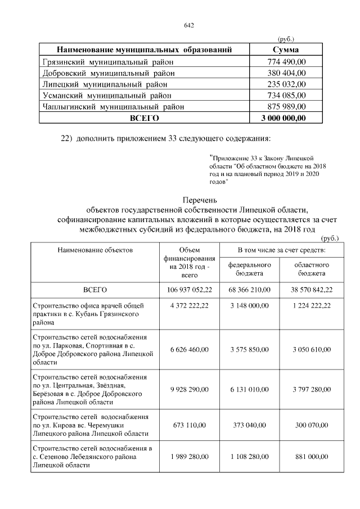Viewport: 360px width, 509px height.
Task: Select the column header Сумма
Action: (286, 50)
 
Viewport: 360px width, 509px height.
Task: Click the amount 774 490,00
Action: (286, 61)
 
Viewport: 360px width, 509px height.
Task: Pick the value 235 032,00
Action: (286, 84)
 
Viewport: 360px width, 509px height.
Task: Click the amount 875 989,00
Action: (286, 106)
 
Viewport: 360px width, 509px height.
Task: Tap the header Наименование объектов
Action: (94, 250)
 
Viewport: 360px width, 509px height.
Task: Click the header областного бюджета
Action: (311, 269)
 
